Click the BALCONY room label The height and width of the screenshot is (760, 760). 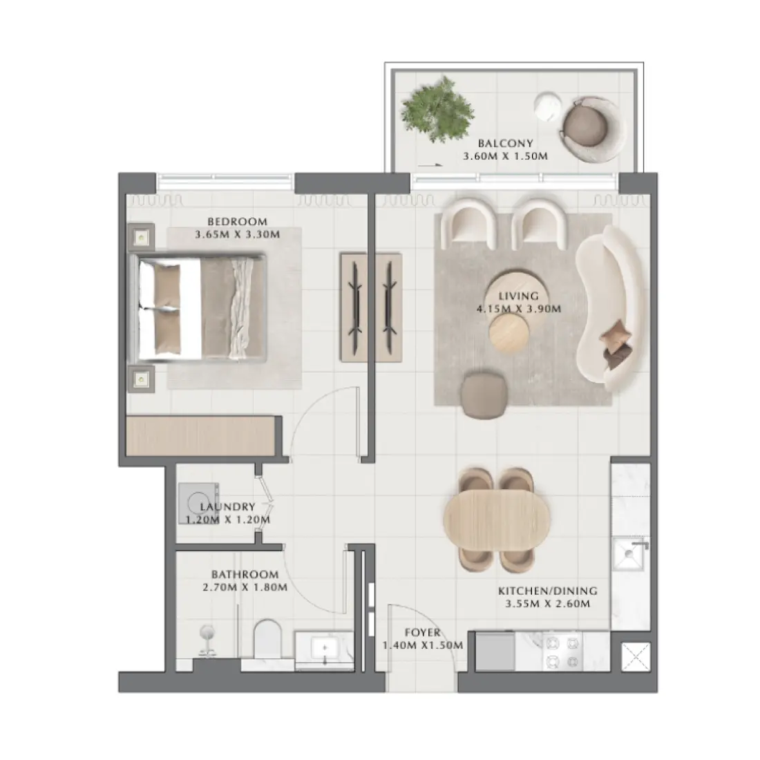point(506,144)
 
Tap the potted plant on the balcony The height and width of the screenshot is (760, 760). point(438,110)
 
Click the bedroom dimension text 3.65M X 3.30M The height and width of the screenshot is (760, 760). point(237,234)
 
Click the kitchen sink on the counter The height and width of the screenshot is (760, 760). point(631,555)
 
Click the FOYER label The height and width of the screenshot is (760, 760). point(422,633)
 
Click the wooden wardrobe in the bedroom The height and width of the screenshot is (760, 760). point(204,435)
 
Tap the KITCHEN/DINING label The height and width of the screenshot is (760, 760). point(547,591)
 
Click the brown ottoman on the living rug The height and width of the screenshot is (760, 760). point(483,396)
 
